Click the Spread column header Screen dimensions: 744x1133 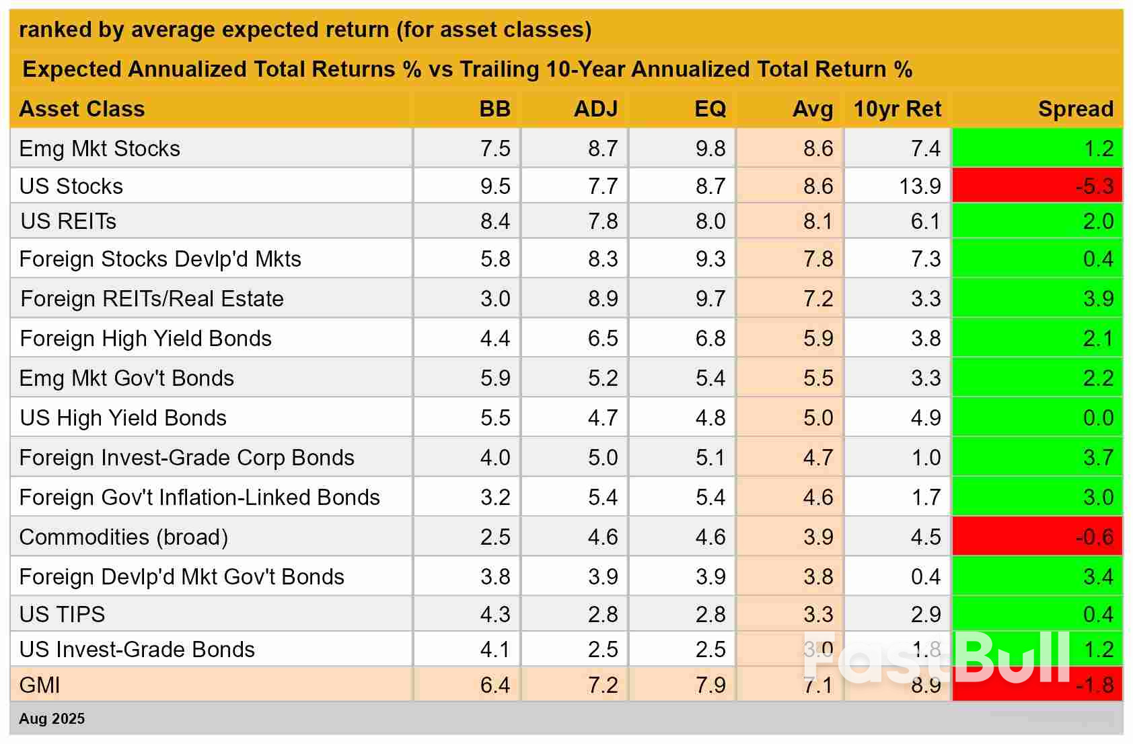1075,109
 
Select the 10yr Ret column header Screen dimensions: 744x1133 897,109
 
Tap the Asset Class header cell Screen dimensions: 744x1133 82,109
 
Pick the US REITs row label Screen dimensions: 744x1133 69,221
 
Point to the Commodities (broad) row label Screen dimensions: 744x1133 124,537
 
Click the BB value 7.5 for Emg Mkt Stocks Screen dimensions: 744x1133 495,148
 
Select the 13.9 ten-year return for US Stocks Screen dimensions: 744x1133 920,186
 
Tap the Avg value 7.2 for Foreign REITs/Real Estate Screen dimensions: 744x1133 817,298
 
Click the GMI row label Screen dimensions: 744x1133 40,685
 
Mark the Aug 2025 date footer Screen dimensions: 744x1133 52,718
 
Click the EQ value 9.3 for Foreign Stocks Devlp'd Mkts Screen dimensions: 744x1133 710,259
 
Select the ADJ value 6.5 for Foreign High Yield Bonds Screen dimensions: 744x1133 603,338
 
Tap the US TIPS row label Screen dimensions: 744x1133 62,614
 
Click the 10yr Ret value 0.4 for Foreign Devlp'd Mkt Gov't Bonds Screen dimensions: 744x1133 926,576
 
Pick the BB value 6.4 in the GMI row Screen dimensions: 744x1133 495,685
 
